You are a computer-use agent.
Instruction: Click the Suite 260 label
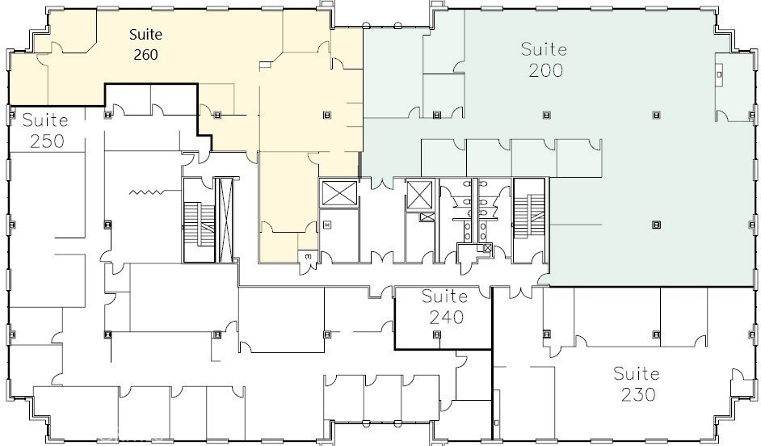click(x=145, y=44)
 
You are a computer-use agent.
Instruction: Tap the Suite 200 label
click(x=544, y=60)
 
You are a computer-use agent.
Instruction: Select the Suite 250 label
click(x=45, y=130)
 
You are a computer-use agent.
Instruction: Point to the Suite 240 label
click(x=445, y=306)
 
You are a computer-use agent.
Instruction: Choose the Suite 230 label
click(x=637, y=384)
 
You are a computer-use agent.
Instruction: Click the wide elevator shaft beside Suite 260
click(x=339, y=192)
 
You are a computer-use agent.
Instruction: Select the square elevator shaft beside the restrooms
click(x=419, y=195)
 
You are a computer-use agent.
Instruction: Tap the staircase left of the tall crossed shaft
click(x=200, y=221)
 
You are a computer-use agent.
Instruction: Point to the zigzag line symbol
click(x=146, y=192)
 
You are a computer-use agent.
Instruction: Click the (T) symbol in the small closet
click(x=308, y=255)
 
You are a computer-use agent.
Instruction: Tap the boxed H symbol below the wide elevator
click(x=327, y=225)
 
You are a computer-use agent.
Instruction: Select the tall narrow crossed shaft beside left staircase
click(x=225, y=220)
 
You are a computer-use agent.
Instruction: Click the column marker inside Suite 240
click(x=437, y=334)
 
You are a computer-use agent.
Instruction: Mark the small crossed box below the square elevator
click(x=427, y=217)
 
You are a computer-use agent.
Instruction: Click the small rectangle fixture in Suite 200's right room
click(x=719, y=74)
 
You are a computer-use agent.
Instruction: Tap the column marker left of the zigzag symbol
click(x=107, y=225)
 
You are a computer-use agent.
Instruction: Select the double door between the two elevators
click(x=382, y=183)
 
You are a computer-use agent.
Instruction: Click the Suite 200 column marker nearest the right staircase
click(x=656, y=225)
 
